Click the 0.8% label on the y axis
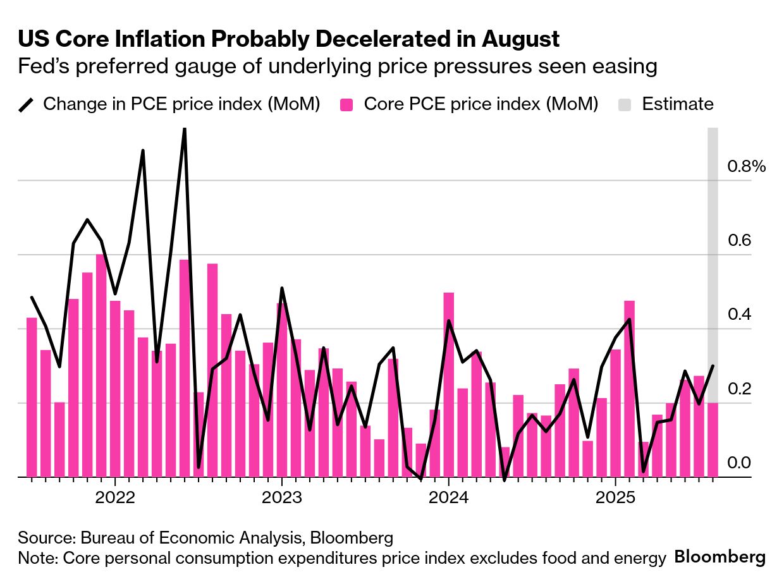point(747,167)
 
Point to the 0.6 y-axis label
point(739,241)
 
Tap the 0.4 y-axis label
point(739,315)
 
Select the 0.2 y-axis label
point(739,389)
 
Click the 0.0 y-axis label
point(739,463)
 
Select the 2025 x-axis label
point(616,498)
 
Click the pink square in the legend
point(346,105)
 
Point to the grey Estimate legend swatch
point(625,105)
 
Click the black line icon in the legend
point(26,105)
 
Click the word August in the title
point(520,39)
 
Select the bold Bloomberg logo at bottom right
point(720,557)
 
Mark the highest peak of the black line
point(184,129)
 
